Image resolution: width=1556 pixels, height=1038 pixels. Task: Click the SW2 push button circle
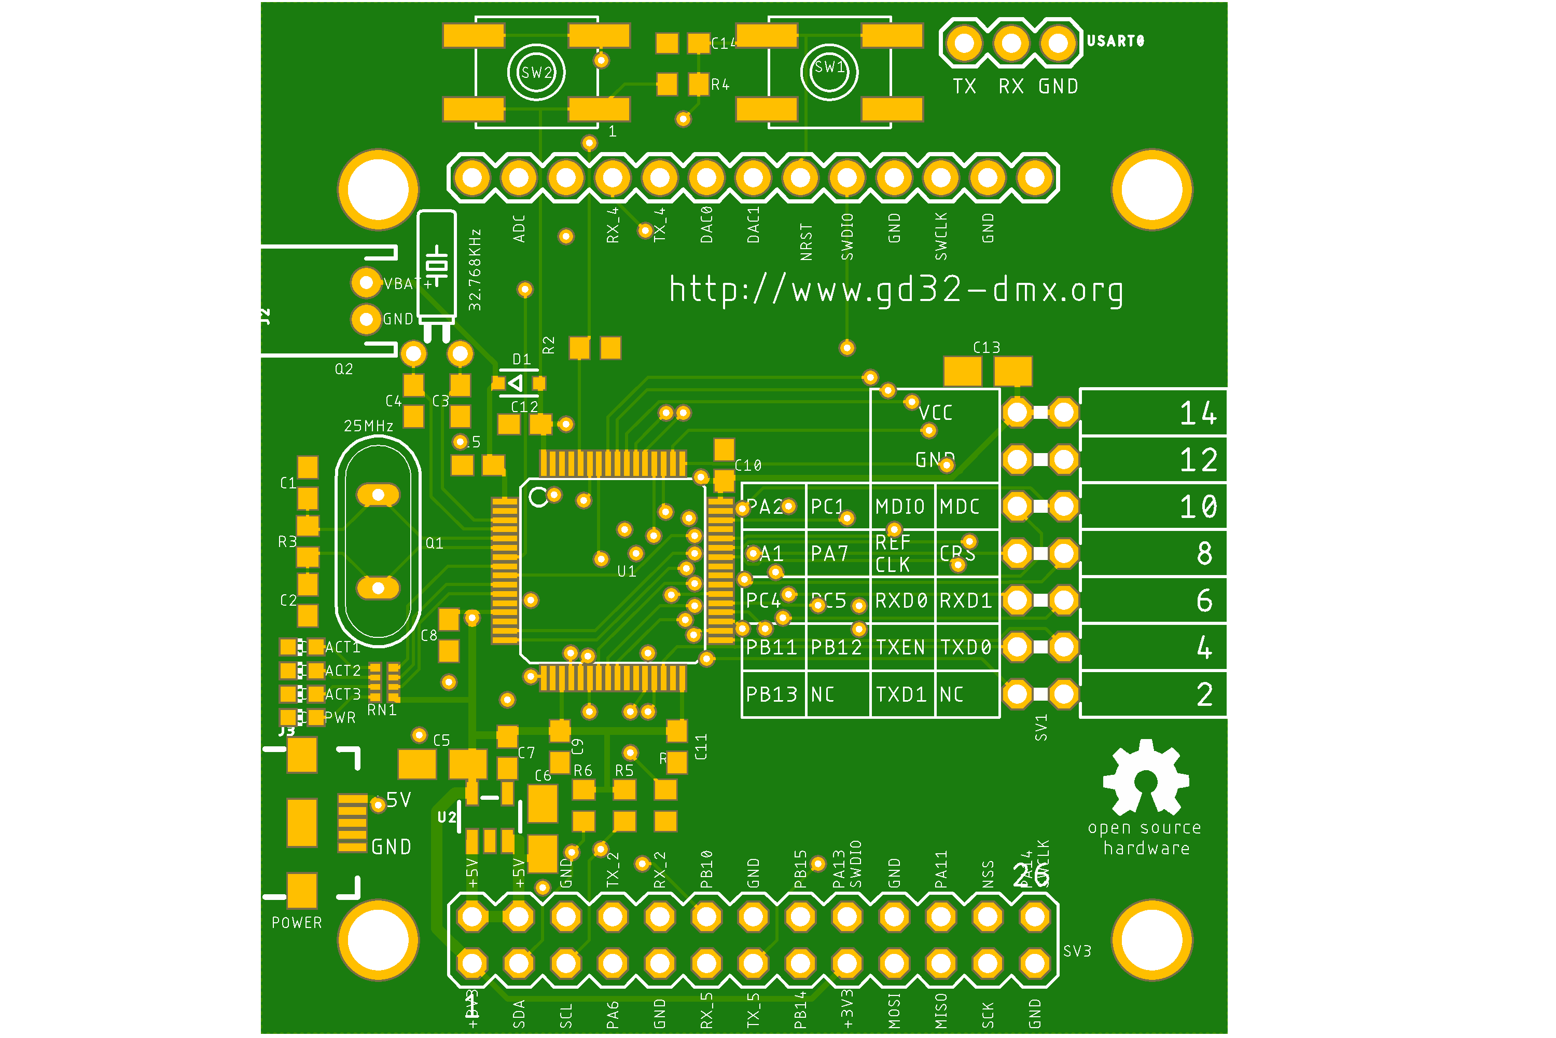pyautogui.click(x=536, y=72)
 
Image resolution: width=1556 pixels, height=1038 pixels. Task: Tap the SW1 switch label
pyautogui.click(x=829, y=67)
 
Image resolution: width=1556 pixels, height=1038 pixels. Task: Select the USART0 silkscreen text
pyautogui.click(x=1116, y=41)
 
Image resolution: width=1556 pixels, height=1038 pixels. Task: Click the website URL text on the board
pyautogui.click(x=896, y=290)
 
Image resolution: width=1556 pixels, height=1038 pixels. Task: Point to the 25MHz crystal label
pyautogui.click(x=368, y=426)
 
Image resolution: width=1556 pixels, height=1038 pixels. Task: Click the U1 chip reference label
pyautogui.click(x=627, y=571)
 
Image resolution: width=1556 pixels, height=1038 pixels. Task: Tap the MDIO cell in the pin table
pyautogui.click(x=900, y=507)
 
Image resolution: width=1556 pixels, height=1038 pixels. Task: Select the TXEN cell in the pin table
pyautogui.click(x=900, y=647)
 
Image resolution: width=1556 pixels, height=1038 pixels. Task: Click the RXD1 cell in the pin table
pyautogui.click(x=966, y=600)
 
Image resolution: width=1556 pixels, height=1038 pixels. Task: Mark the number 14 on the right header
pyautogui.click(x=1198, y=414)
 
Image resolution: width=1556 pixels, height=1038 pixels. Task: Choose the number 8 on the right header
pyautogui.click(x=1204, y=553)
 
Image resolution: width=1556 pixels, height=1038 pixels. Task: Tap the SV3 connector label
pyautogui.click(x=1077, y=951)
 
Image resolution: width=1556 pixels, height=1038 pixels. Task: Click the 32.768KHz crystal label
pyautogui.click(x=475, y=270)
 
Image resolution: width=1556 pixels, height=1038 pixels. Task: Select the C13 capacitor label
pyautogui.click(x=987, y=348)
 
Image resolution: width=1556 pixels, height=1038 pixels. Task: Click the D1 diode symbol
pyautogui.click(x=516, y=383)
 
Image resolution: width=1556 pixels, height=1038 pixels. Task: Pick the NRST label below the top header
pyautogui.click(x=807, y=242)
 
